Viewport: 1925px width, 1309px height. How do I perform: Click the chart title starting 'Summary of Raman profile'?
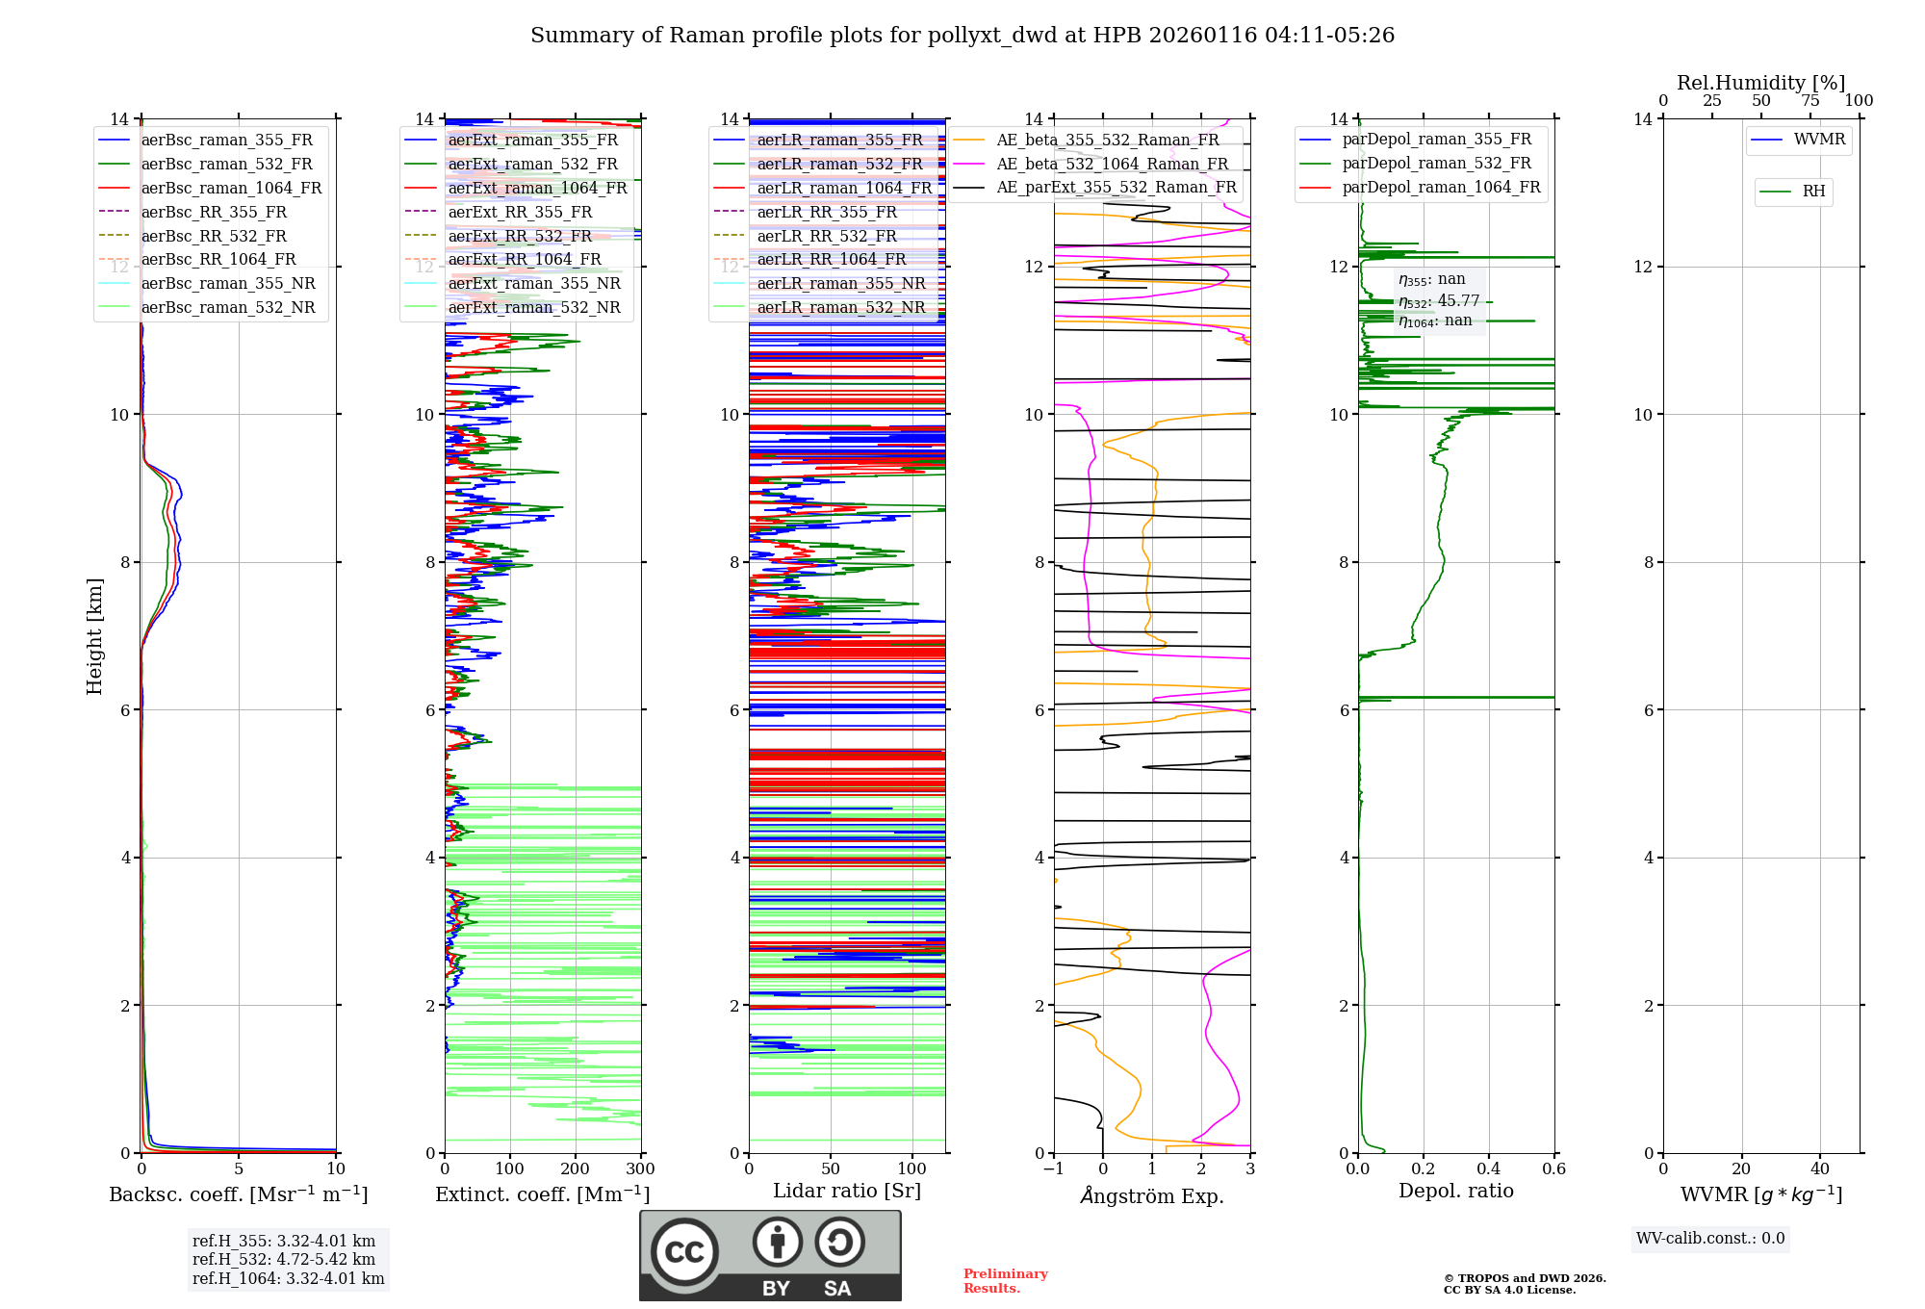[962, 36]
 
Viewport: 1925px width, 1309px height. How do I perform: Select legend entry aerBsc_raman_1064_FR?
[231, 189]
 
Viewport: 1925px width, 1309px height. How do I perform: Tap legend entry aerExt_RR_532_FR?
[520, 237]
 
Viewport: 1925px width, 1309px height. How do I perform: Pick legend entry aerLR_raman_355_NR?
[840, 284]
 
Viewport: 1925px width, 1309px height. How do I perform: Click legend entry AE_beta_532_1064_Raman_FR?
[1112, 165]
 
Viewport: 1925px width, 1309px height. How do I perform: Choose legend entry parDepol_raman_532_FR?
[1436, 164]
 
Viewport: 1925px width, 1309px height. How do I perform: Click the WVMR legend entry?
[1819, 140]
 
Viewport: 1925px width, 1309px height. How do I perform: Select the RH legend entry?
[1813, 192]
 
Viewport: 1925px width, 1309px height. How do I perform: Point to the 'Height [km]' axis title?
[94, 636]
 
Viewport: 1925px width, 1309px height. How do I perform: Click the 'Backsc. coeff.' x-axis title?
[239, 1194]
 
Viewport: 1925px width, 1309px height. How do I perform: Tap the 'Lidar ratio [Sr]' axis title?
[847, 1192]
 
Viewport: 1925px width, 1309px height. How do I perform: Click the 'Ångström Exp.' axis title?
[1152, 1196]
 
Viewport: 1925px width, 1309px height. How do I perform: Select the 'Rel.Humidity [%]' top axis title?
[1761, 83]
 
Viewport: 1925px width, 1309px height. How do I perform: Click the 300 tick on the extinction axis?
[641, 1169]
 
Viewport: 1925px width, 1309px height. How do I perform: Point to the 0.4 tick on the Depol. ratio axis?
[1489, 1169]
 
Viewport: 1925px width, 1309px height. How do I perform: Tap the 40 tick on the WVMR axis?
[1820, 1169]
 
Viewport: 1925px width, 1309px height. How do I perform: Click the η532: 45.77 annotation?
[1439, 301]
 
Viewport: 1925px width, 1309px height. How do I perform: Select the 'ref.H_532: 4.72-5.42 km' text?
[284, 1260]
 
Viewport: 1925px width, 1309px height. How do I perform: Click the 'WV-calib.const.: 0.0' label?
[1710, 1239]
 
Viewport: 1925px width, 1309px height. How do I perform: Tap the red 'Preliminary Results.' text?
[1005, 1281]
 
